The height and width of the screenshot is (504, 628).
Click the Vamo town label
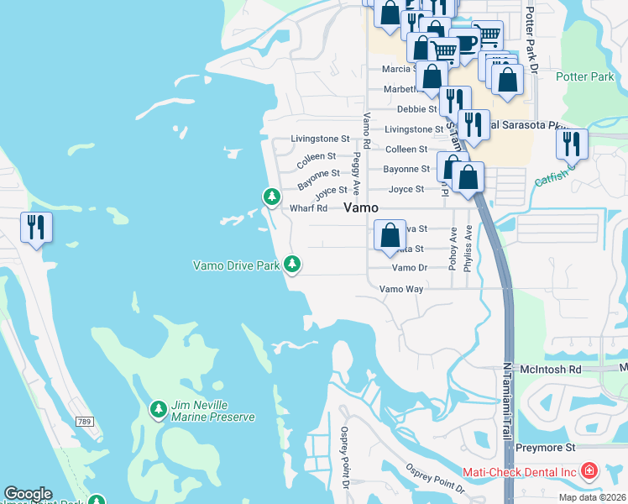coord(361,207)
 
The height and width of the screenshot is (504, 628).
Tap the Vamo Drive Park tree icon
coord(292,265)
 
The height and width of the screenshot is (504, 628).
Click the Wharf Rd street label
coord(308,208)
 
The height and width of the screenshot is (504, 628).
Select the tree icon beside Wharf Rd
coord(271,197)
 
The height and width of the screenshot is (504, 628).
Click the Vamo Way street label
coord(401,288)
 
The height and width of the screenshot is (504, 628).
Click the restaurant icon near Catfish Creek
coord(572,144)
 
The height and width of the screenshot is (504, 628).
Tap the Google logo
coord(28,493)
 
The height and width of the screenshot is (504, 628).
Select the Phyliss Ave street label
coord(468,245)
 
